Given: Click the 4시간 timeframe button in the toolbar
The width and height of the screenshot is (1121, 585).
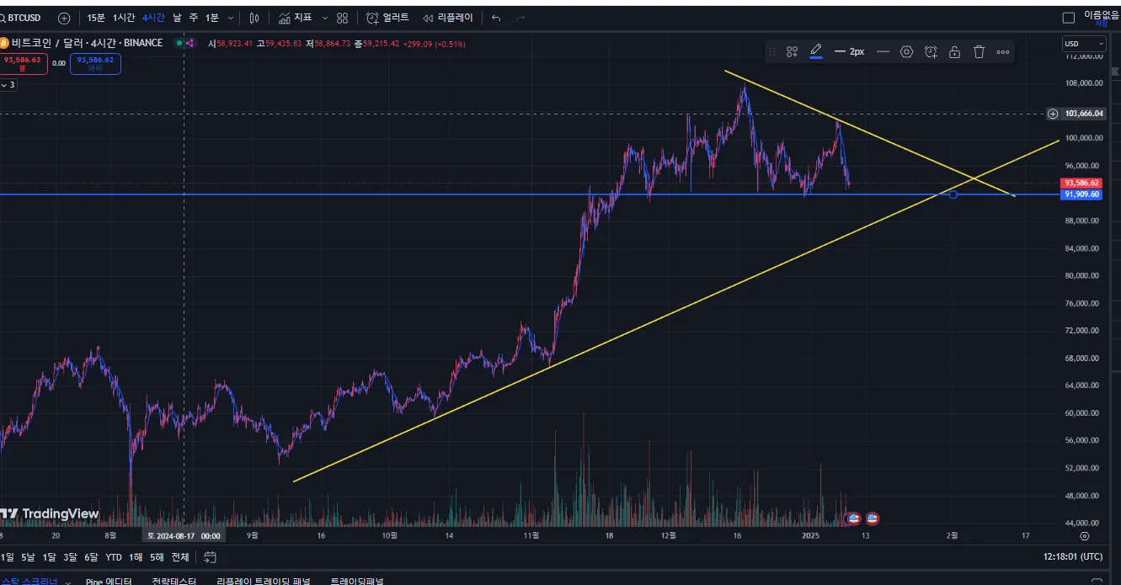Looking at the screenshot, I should point(153,18).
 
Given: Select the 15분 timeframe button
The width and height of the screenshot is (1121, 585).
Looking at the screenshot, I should point(96,18).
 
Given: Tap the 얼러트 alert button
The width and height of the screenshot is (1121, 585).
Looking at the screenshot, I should point(388,18).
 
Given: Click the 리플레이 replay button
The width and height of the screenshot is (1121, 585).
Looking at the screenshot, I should point(448,18).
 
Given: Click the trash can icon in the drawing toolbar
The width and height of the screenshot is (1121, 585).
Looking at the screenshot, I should point(979,52).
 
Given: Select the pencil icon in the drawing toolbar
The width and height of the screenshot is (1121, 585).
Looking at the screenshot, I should point(815,51).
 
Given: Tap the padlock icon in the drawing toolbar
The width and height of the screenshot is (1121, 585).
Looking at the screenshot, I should point(954,52).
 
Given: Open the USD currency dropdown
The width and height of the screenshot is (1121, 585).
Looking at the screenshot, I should point(1084,44).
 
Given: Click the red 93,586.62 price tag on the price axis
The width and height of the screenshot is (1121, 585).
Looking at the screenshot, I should point(1081,183).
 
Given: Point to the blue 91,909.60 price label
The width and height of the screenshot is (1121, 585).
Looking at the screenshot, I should point(1082,194).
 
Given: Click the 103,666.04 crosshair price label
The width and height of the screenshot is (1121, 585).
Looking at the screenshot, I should point(1083,114).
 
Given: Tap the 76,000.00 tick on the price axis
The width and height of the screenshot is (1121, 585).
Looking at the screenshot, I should point(1082,303).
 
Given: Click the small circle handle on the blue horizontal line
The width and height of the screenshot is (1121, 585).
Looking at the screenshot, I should point(953,194).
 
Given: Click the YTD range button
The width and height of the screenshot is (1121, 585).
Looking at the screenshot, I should point(114,557).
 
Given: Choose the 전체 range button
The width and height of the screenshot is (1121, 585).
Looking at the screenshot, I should point(180,557).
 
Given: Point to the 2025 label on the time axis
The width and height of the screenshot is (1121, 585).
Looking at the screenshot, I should point(810,535).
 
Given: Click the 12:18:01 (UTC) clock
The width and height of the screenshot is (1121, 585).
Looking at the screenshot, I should point(1072,557).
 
